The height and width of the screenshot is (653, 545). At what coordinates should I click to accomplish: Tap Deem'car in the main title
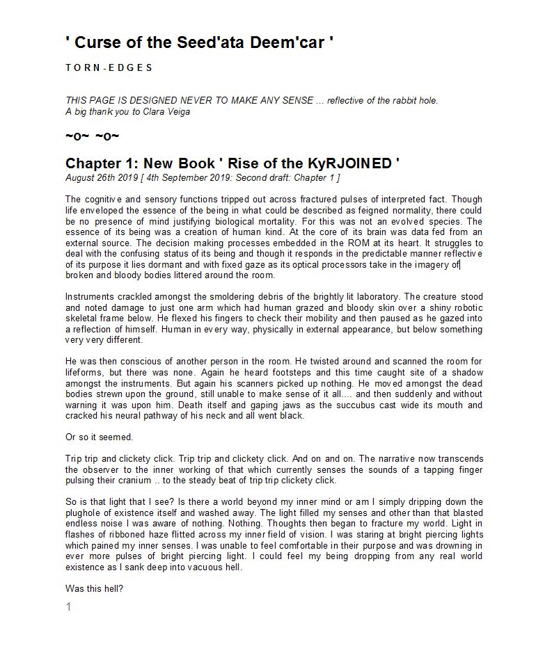tap(286, 42)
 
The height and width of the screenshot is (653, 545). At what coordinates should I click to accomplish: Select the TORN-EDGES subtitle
tap(109, 67)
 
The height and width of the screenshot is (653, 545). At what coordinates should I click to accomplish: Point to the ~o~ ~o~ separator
tap(92, 136)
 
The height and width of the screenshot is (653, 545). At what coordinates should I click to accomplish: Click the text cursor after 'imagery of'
tap(460, 264)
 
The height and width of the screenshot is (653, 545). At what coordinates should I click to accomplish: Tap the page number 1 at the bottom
tap(68, 607)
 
